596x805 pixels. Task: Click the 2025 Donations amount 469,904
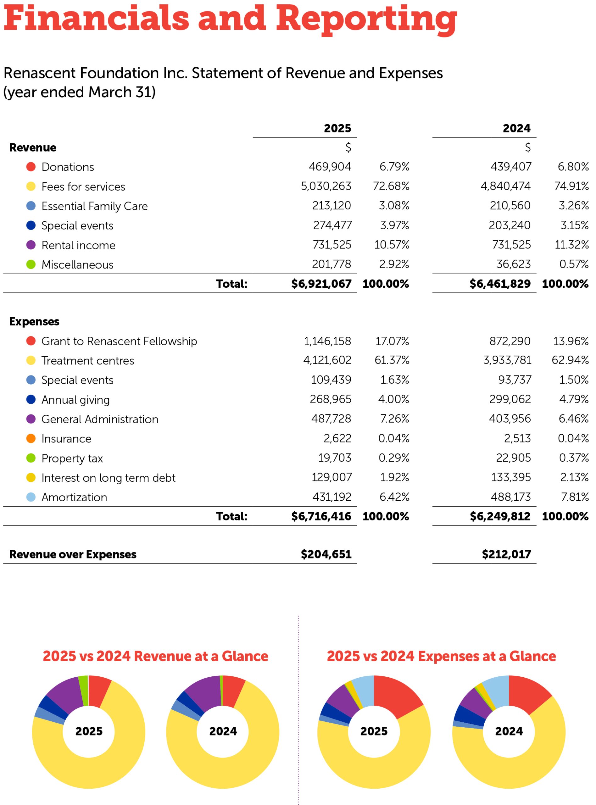(x=329, y=167)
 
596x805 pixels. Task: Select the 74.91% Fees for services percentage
(x=571, y=186)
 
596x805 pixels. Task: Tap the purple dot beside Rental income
(x=31, y=245)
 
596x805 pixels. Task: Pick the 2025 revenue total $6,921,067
(x=321, y=284)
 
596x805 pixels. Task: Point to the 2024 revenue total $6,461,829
(x=500, y=284)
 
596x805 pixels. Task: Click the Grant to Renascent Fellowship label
(x=119, y=341)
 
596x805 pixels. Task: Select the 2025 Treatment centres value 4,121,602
(x=327, y=360)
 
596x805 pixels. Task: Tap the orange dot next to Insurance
(x=31, y=439)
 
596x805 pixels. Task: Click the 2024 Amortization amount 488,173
(x=510, y=497)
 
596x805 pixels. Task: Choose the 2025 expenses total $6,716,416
(x=321, y=516)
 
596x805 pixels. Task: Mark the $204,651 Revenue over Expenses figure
(x=326, y=554)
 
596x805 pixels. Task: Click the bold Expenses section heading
(x=34, y=321)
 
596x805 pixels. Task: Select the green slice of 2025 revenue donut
(x=84, y=690)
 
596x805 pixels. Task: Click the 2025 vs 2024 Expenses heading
(x=441, y=656)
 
